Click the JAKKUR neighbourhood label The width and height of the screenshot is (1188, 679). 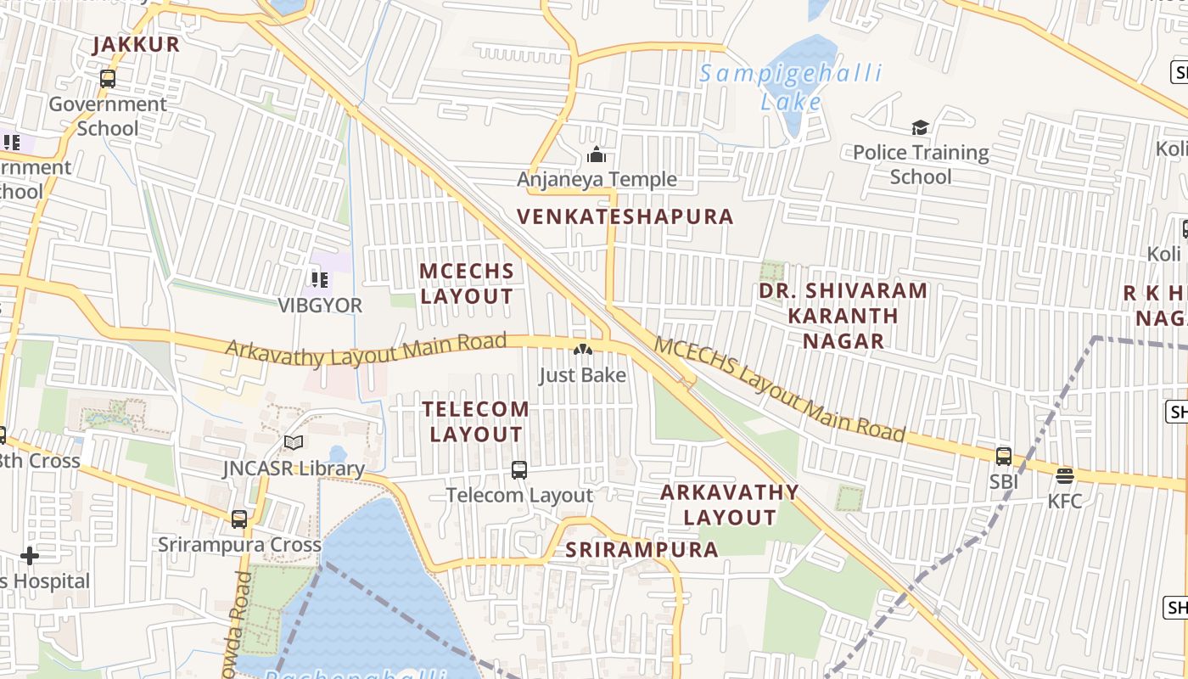pyautogui.click(x=137, y=45)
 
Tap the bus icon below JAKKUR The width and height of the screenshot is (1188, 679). pyautogui.click(x=108, y=79)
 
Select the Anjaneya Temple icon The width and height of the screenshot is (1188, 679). pyautogui.click(x=597, y=155)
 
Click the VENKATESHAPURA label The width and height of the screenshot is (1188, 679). pyautogui.click(x=625, y=216)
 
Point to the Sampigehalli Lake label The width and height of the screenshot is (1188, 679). pyautogui.click(x=791, y=87)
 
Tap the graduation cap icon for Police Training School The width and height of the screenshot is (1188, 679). pyautogui.click(x=921, y=128)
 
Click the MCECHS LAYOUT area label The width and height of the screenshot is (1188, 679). pyautogui.click(x=468, y=283)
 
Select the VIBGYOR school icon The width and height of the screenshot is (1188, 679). pyautogui.click(x=320, y=279)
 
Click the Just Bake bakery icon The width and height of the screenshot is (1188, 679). pyautogui.click(x=582, y=350)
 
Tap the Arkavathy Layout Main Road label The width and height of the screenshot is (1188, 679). pyautogui.click(x=366, y=349)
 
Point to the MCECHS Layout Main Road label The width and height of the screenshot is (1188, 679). pyautogui.click(x=778, y=390)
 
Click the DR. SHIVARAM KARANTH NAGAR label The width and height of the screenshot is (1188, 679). pyautogui.click(x=843, y=316)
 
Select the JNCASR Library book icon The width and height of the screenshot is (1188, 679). pyautogui.click(x=294, y=443)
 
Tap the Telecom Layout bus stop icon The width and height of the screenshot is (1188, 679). pyautogui.click(x=519, y=469)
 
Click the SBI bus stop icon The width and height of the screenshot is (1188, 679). pyautogui.click(x=1004, y=457)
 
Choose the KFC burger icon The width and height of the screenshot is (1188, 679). pyautogui.click(x=1065, y=476)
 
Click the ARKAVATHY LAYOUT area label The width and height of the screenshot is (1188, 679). pyautogui.click(x=730, y=504)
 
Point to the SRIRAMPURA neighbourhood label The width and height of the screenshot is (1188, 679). pyautogui.click(x=642, y=549)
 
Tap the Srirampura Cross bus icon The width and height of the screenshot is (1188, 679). pyautogui.click(x=239, y=519)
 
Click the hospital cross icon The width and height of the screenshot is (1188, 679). pyautogui.click(x=30, y=557)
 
